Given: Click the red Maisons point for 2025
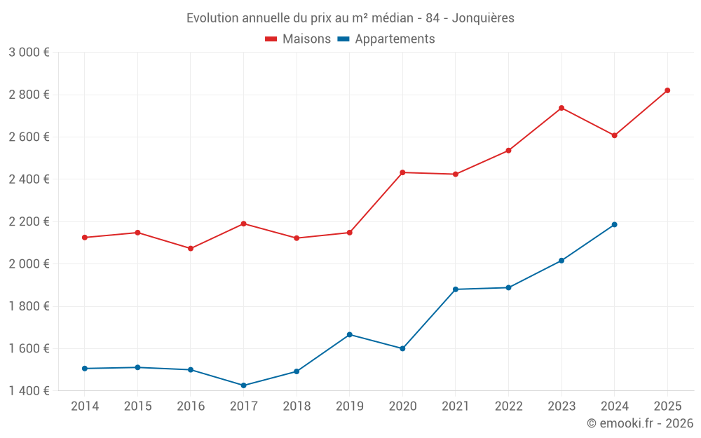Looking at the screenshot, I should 667,90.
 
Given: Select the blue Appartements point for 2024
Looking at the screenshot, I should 615,224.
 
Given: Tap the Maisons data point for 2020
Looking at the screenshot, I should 402,172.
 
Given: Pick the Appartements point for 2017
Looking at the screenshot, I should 243,385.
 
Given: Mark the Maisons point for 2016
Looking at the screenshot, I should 191,248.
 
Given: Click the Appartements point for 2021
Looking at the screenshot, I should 456,289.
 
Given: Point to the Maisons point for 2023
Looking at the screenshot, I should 562,108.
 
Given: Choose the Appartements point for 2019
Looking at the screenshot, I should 350,334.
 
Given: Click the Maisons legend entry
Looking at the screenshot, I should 298,39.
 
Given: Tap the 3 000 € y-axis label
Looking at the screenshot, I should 29,53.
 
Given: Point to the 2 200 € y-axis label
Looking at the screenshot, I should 29,221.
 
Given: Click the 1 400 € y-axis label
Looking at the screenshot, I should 29,391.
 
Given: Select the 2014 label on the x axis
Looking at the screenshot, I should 85,406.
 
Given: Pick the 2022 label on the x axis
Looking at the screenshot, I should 508,406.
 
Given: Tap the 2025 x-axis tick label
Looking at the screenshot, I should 667,406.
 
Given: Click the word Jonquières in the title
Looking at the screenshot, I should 483,18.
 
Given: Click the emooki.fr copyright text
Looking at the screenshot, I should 640,423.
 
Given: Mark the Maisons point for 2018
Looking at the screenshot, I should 297,238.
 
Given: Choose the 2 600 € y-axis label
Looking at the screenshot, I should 29,137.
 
